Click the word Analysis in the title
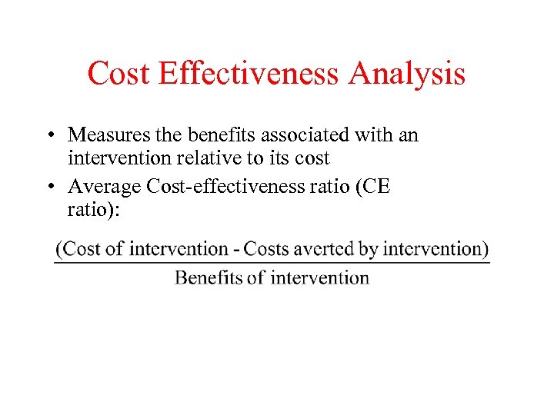tap(407, 75)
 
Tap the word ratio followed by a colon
tap(92, 211)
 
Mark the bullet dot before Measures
tap(48, 136)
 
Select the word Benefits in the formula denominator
tap(209, 277)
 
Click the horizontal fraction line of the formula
tap(272, 263)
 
